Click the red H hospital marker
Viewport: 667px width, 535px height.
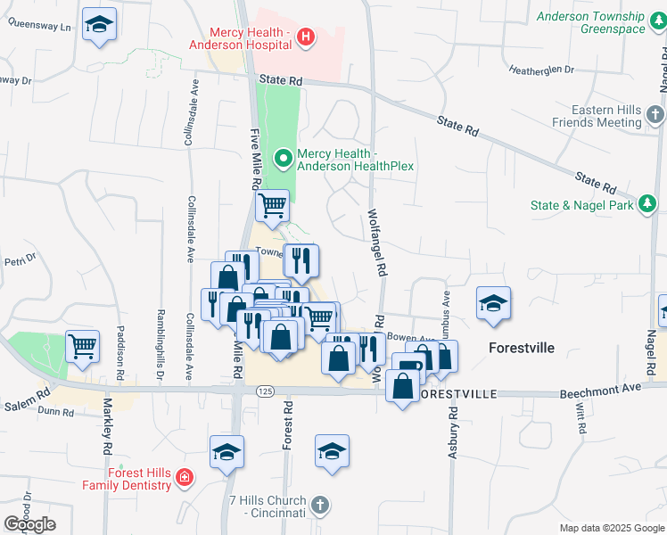click(x=305, y=37)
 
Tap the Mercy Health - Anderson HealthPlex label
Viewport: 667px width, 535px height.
click(x=354, y=159)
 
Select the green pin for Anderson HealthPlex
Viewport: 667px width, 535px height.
click(x=284, y=160)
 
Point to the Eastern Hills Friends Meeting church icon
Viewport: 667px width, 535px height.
click(x=655, y=114)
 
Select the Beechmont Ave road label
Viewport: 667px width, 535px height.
click(x=600, y=392)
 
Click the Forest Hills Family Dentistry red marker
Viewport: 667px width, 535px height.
click(x=185, y=478)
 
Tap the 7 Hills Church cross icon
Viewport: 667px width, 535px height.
click(x=321, y=506)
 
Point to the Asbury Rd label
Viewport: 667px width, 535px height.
click(x=453, y=432)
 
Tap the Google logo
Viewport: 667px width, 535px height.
click(x=29, y=524)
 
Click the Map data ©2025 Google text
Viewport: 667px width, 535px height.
click(x=611, y=528)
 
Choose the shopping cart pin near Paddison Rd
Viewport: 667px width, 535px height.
click(x=82, y=346)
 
